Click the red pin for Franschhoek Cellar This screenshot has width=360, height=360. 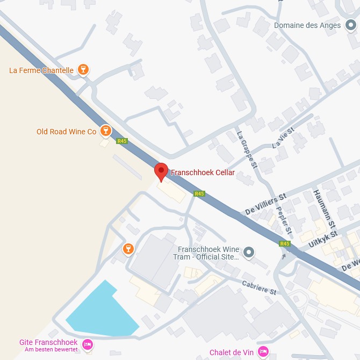click(161, 171)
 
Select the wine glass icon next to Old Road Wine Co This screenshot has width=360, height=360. click(106, 131)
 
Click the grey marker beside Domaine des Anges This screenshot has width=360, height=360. click(351, 25)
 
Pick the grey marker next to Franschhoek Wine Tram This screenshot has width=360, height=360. click(248, 252)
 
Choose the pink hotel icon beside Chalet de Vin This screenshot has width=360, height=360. click(263, 351)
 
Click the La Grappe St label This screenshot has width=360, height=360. click(247, 150)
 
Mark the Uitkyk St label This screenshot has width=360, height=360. click(322, 240)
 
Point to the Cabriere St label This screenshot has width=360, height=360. click(258, 287)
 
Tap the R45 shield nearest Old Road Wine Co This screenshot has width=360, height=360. click(122, 141)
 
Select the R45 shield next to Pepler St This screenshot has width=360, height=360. click(285, 243)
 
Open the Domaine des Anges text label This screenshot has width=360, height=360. click(307, 25)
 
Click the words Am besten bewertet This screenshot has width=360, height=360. click(52, 350)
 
